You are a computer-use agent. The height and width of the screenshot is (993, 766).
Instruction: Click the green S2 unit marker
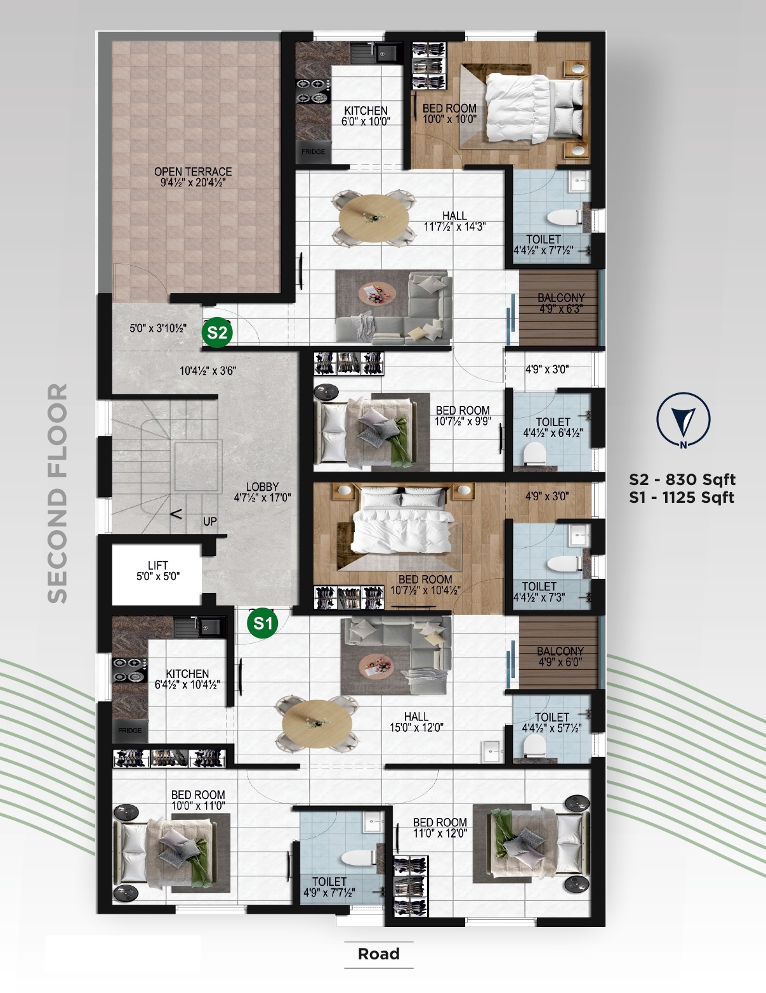217,332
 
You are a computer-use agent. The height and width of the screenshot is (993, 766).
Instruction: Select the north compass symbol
683,419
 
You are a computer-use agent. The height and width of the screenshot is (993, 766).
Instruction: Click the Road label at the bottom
379,953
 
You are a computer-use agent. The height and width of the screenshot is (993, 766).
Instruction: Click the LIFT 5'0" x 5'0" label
158,571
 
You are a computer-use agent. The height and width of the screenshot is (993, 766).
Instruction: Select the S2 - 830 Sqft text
682,479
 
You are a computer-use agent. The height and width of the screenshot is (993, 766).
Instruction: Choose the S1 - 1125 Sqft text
682,497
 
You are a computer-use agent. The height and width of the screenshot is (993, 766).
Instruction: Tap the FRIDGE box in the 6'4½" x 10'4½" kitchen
130,730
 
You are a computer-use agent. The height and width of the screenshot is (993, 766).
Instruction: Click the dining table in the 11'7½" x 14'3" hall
374,216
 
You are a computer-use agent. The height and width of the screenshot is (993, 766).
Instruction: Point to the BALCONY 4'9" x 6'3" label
560,303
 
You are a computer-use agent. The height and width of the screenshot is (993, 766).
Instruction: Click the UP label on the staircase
210,521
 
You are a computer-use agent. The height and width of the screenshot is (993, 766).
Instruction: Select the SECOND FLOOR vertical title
58,493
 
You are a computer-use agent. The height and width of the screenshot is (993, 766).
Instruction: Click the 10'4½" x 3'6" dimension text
208,370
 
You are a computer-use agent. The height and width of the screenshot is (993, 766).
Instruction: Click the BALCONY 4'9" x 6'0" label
560,657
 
